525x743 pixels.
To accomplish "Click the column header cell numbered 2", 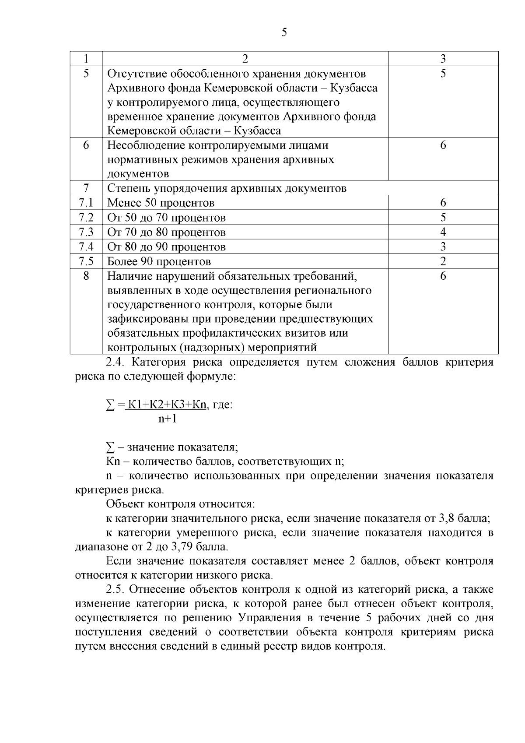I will point(245,59).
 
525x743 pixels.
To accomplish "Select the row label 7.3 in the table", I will point(86,232).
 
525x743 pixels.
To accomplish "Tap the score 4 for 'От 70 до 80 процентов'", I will point(443,232).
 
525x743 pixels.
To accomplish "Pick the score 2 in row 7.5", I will point(443,261).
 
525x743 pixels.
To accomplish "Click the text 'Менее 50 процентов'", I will point(161,203).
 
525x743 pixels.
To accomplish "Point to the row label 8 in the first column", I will point(86,276).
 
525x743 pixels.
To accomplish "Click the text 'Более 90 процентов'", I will point(159,261).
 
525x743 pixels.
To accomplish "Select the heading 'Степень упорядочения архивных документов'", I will point(227,188).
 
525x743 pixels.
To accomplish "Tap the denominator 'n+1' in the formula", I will point(167,419).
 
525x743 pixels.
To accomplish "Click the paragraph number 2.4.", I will point(116,362).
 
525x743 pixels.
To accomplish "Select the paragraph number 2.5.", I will point(116,589).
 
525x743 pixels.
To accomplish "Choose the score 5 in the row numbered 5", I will point(443,73).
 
